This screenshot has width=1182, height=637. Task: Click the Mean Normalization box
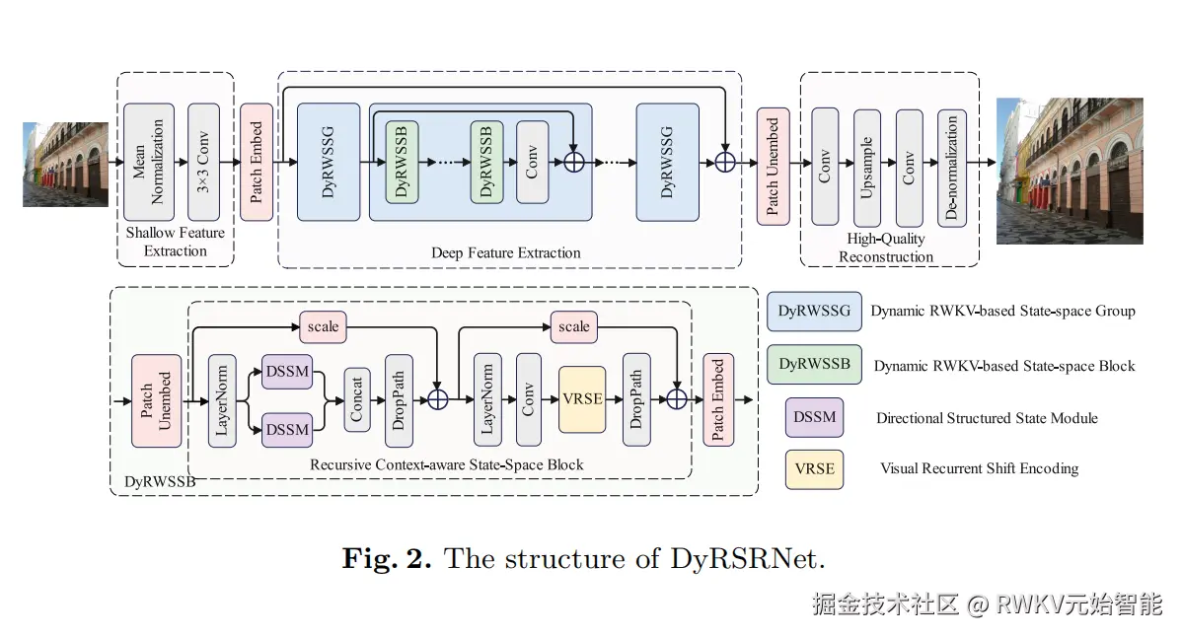coord(149,163)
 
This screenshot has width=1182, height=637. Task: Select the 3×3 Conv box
coord(203,163)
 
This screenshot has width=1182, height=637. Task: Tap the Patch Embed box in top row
coord(257,163)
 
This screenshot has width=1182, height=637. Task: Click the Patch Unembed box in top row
coord(773,167)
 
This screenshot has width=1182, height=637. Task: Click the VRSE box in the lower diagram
coord(582,399)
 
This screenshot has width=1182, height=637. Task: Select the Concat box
coord(357,400)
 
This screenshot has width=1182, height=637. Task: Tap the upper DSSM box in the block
coord(287,371)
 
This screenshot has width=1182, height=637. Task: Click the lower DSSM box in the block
coord(287,430)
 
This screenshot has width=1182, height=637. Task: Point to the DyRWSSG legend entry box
coord(814,311)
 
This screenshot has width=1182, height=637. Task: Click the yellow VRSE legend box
coord(814,468)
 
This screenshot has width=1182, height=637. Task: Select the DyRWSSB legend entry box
coord(814,364)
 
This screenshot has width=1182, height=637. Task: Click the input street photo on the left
coord(65,164)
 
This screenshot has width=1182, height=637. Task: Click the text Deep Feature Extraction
coord(506,252)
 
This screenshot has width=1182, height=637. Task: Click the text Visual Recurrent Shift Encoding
coord(979,468)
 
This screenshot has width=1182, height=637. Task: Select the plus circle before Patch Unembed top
coord(725,163)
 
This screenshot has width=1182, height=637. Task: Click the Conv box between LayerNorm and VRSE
coord(529,399)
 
